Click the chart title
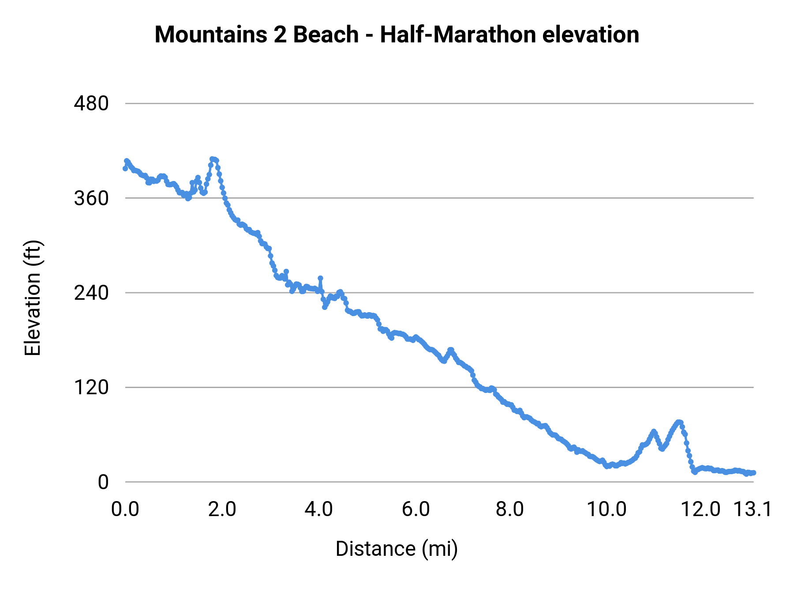pos(397,34)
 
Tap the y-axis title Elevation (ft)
pos(33,298)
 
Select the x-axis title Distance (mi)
pos(397,549)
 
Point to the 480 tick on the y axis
pos(91,104)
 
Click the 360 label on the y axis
pos(91,198)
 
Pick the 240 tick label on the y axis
pos(91,293)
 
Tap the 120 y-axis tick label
pos(91,387)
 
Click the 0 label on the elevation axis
pos(103,482)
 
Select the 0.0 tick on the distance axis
pos(125,509)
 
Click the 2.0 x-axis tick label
pos(222,509)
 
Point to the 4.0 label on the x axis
pos(318,509)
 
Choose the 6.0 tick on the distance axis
pos(416,509)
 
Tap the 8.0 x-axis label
pos(510,509)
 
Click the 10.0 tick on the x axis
pos(607,509)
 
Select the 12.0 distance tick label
pos(701,509)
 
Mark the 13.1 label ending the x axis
pos(753,509)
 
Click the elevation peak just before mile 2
pos(213,159)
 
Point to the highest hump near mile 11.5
pos(679,422)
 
